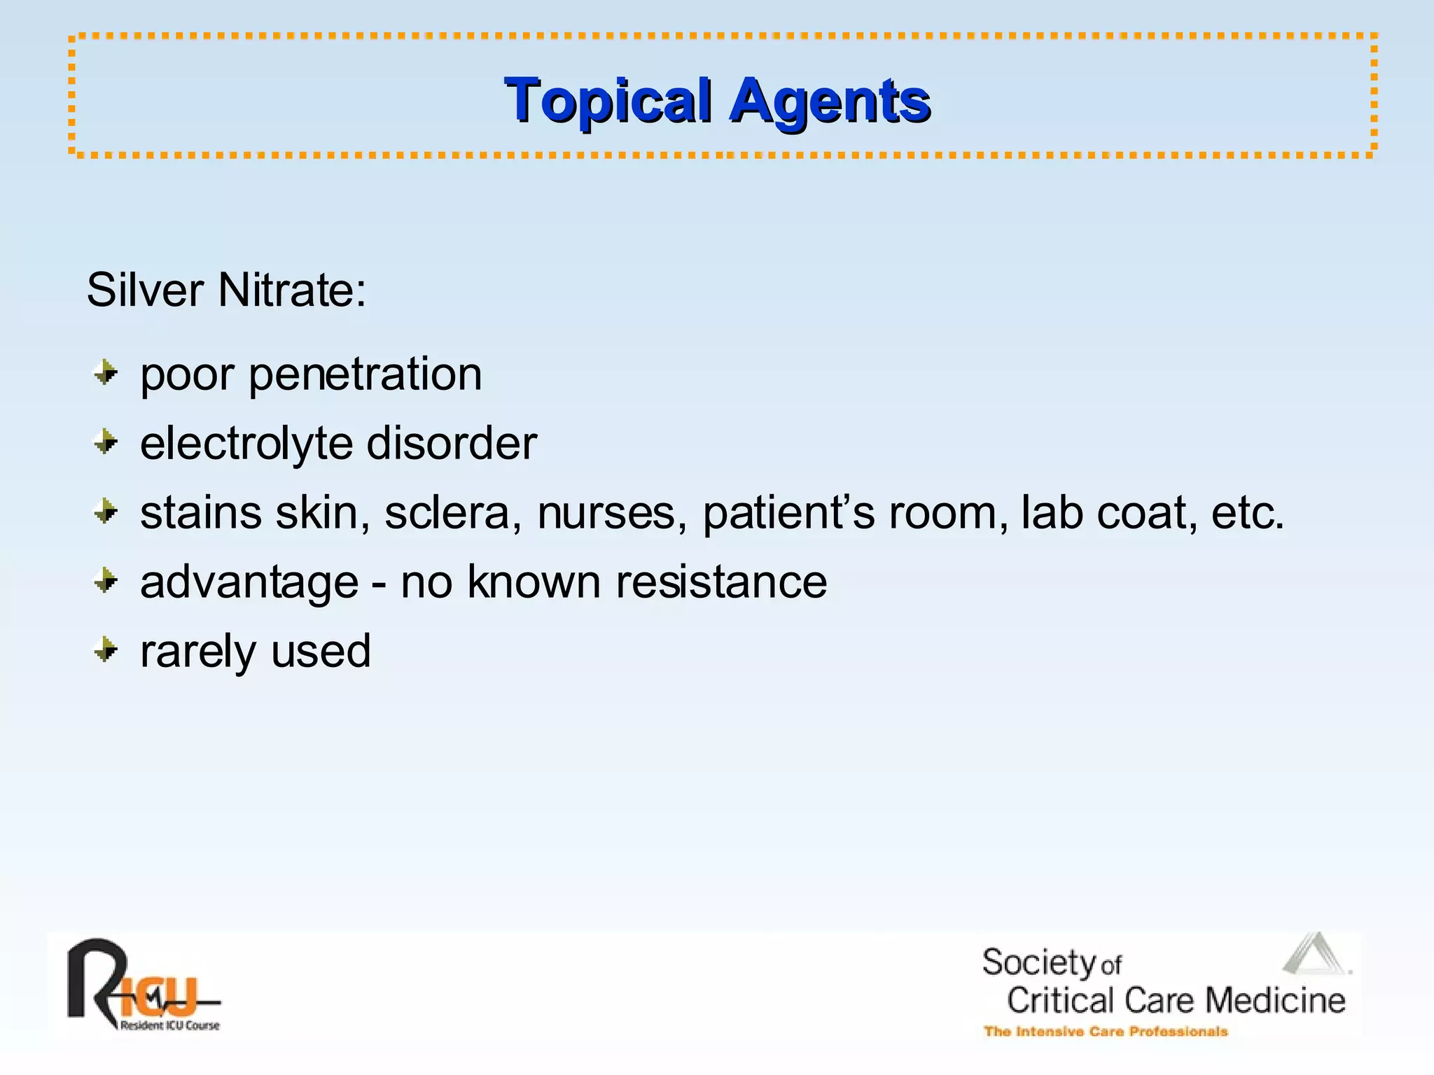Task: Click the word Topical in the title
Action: coord(608,101)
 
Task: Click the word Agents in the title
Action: coord(830,101)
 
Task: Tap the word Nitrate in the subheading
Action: coord(291,289)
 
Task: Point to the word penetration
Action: coord(365,374)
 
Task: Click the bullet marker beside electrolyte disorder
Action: coord(106,442)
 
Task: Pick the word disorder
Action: coord(452,443)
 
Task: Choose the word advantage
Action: coord(249,582)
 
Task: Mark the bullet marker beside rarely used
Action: coord(106,650)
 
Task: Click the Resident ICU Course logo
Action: coord(144,985)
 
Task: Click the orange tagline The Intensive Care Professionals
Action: coord(1106,1032)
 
